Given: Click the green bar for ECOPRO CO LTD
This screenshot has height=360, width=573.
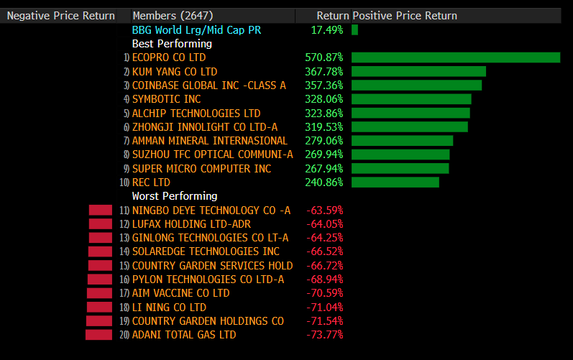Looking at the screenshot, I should pyautogui.click(x=455, y=57).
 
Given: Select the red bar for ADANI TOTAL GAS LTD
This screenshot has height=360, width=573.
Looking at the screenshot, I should pyautogui.click(x=99, y=335).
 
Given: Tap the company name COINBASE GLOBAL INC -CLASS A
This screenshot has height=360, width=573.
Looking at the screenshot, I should pyautogui.click(x=208, y=86).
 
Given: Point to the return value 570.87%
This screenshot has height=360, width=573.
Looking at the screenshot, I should pyautogui.click(x=324, y=57).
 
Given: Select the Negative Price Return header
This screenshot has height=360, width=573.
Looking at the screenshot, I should pyautogui.click(x=60, y=16).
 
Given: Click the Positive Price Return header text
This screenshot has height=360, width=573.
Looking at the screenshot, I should pyautogui.click(x=404, y=16).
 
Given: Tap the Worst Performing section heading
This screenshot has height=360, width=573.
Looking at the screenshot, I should pyautogui.click(x=174, y=196).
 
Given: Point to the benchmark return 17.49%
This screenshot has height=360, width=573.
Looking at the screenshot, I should pyautogui.click(x=327, y=30).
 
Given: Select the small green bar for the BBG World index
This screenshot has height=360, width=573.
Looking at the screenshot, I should pyautogui.click(x=354, y=30).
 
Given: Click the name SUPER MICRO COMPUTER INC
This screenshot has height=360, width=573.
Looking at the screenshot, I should pyautogui.click(x=201, y=168).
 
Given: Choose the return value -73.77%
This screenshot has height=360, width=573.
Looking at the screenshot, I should pyautogui.click(x=325, y=335).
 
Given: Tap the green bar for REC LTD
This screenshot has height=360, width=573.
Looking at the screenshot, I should pyautogui.click(x=395, y=183).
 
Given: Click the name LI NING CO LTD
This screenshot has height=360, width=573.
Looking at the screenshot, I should pyautogui.click(x=169, y=307).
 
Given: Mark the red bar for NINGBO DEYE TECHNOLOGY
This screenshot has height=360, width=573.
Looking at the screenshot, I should pyautogui.click(x=101, y=210).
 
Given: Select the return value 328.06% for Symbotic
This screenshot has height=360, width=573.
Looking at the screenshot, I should pyautogui.click(x=324, y=99).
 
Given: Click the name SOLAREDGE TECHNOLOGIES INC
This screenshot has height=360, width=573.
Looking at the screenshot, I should pyautogui.click(x=206, y=251).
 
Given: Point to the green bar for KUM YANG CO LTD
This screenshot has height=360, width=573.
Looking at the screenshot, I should pyautogui.click(x=418, y=72).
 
